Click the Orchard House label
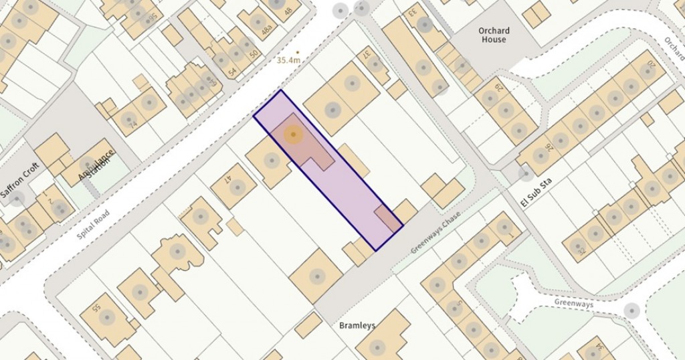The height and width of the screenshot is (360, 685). point(494,35)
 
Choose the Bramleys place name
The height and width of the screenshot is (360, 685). point(356,326)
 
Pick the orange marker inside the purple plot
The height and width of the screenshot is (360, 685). point(292,134)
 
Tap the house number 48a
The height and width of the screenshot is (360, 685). point(267,31)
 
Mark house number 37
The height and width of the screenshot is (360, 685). point(367,58)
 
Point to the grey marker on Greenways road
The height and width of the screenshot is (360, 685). point(631,310)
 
